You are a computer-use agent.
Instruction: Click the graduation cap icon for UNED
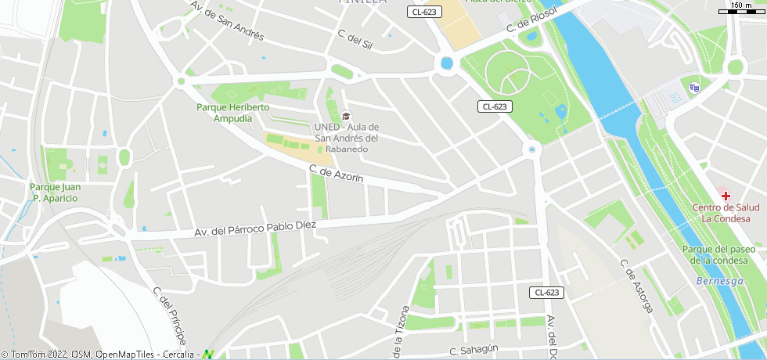(x=346, y=116)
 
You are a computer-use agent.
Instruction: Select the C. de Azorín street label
(x=337, y=174)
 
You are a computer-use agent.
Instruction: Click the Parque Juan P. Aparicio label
(x=55, y=193)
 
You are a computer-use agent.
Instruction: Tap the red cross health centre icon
(x=726, y=195)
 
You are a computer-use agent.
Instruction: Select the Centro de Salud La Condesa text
(x=726, y=213)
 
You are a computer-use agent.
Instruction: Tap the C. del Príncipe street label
(x=169, y=316)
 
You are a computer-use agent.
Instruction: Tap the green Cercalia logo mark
(x=209, y=354)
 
